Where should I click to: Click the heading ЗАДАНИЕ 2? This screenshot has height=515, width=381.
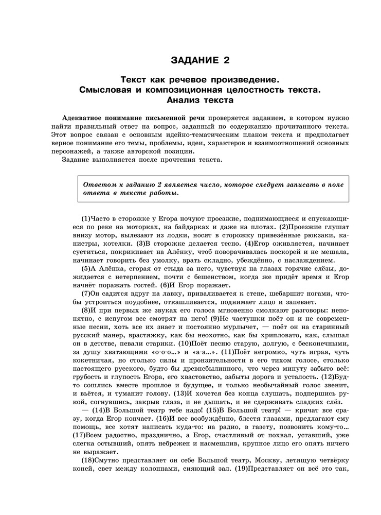(200, 61)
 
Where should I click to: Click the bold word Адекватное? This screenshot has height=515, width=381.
(86, 118)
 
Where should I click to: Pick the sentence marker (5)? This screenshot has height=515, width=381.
(86, 269)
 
